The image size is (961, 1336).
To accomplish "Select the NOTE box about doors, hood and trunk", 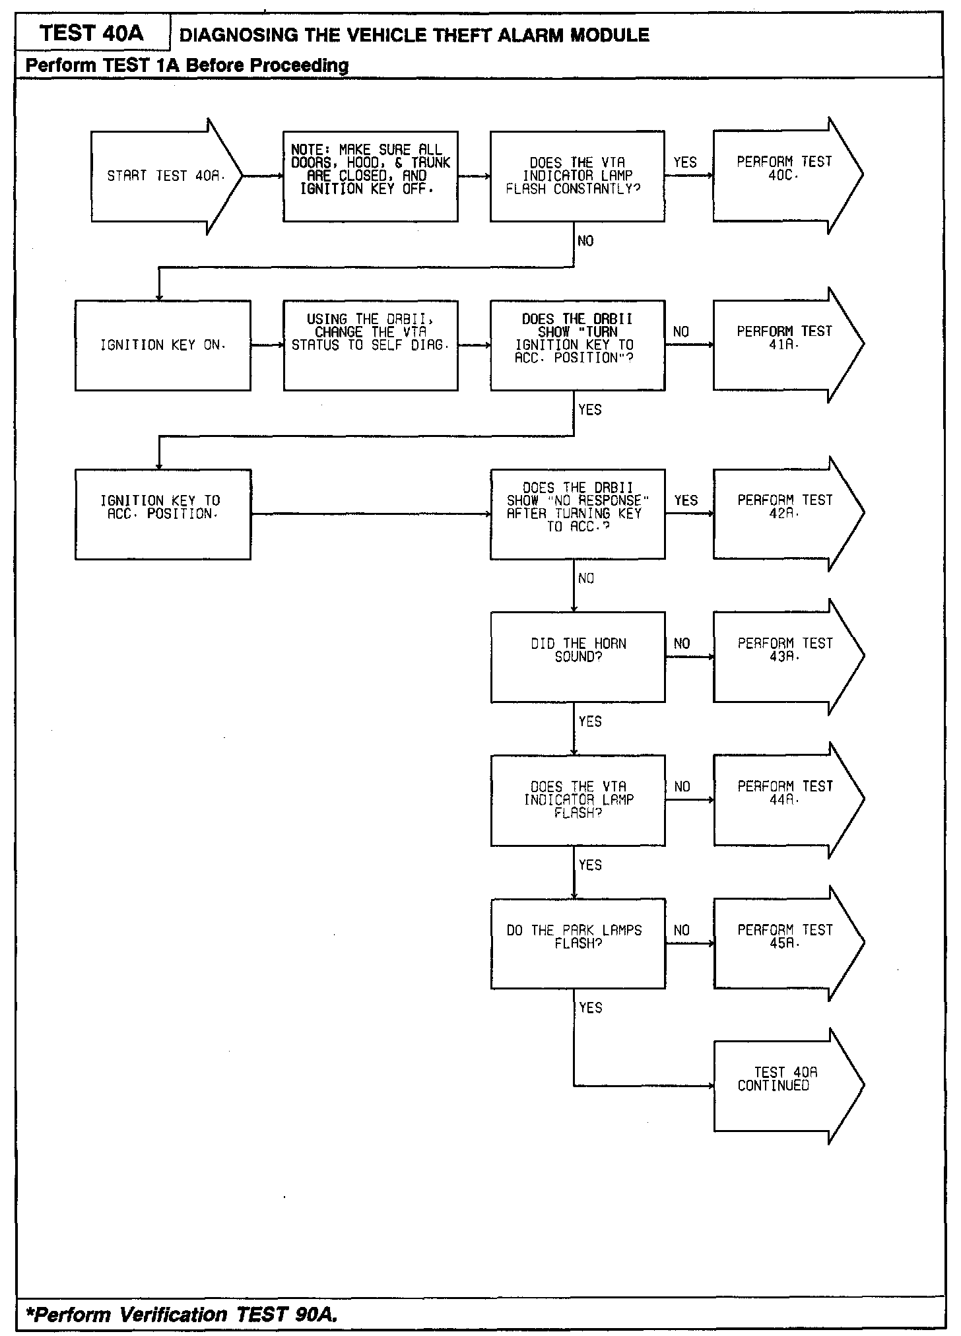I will tap(370, 176).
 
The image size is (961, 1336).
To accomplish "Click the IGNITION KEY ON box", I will tap(162, 345).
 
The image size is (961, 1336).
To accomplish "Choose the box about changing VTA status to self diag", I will tap(370, 345).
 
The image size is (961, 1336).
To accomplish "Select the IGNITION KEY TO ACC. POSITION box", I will tap(162, 514).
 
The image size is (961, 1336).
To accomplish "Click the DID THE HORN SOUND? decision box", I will tap(578, 657).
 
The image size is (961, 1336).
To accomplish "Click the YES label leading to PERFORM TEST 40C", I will tap(685, 162).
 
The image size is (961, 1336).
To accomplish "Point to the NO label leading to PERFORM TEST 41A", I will tap(681, 332).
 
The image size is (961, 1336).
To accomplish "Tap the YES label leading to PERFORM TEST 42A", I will tap(686, 501).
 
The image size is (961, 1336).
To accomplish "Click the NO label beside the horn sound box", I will tap(682, 644).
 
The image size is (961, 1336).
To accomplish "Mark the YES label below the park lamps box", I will tap(590, 1008).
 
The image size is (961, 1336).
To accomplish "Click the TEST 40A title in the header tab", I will tap(92, 34).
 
